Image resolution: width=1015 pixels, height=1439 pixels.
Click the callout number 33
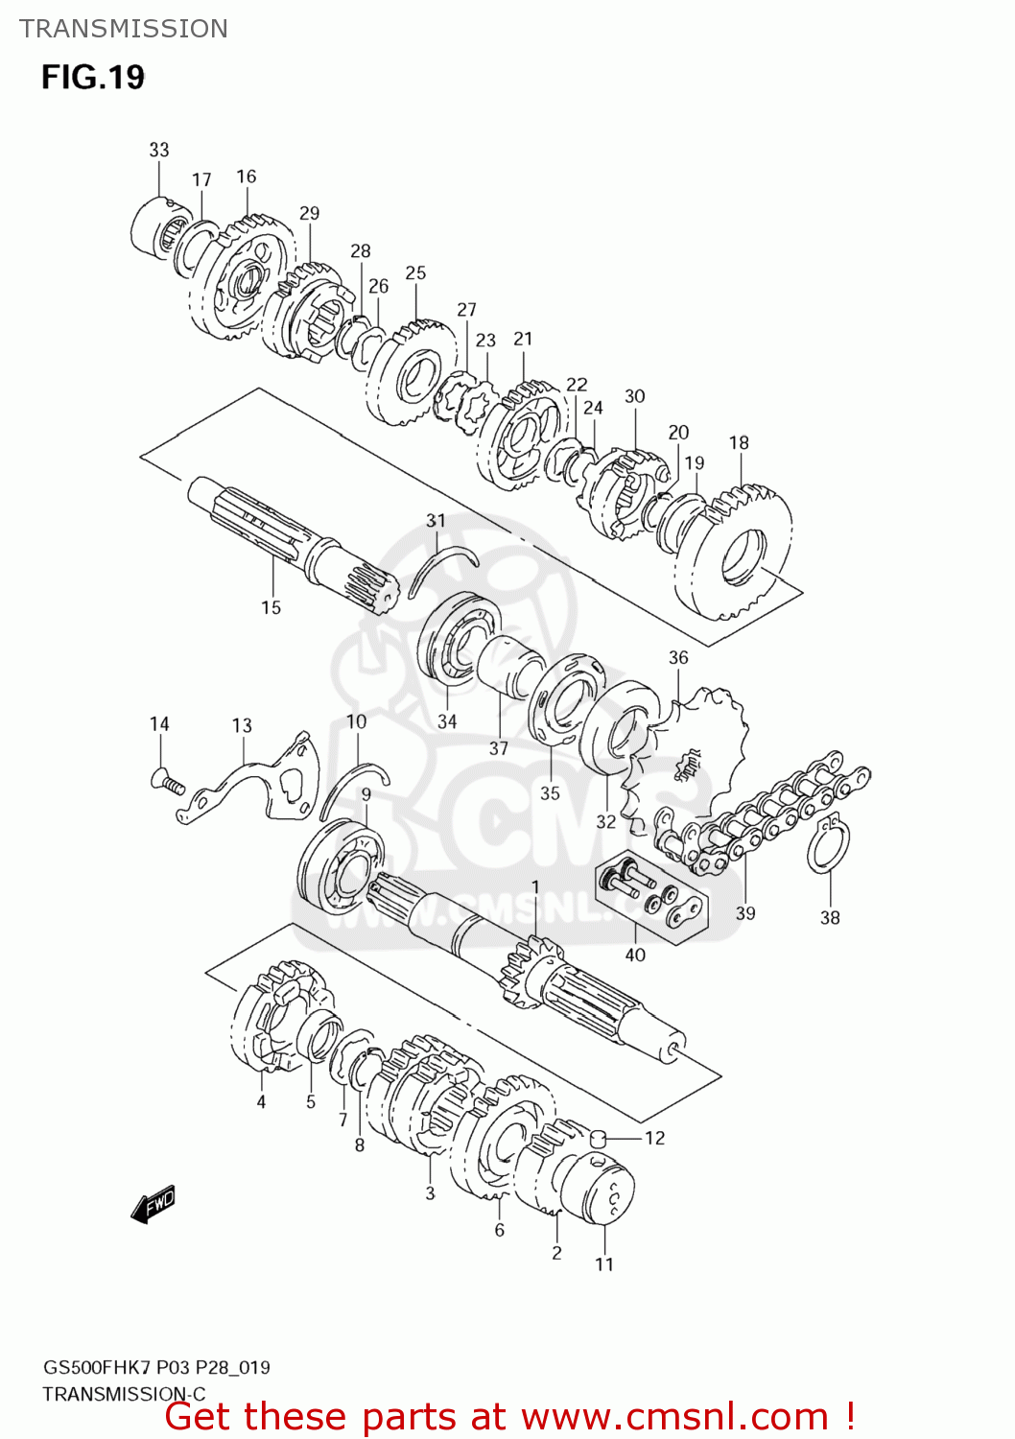click(x=159, y=150)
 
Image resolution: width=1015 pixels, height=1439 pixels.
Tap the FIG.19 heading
click(x=93, y=77)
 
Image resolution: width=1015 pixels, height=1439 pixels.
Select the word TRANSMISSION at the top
click(x=124, y=29)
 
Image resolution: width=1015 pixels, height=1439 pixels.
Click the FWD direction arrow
click(x=153, y=1203)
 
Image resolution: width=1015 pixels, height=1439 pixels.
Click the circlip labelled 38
click(x=827, y=844)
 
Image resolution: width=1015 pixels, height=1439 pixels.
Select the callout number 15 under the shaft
click(x=271, y=607)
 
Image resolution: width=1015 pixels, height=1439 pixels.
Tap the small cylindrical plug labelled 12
click(x=600, y=1139)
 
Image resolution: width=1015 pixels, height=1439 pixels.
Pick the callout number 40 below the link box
click(x=635, y=955)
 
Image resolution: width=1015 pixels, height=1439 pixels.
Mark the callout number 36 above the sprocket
click(x=678, y=657)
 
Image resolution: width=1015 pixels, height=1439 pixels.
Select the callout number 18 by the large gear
click(x=739, y=442)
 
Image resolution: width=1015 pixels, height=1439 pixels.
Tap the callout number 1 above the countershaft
click(x=535, y=886)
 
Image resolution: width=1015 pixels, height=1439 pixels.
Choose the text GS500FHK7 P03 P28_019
click(x=156, y=1367)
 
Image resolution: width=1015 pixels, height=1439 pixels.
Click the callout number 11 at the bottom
click(x=604, y=1264)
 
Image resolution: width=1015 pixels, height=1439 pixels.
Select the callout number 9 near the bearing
click(x=366, y=795)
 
